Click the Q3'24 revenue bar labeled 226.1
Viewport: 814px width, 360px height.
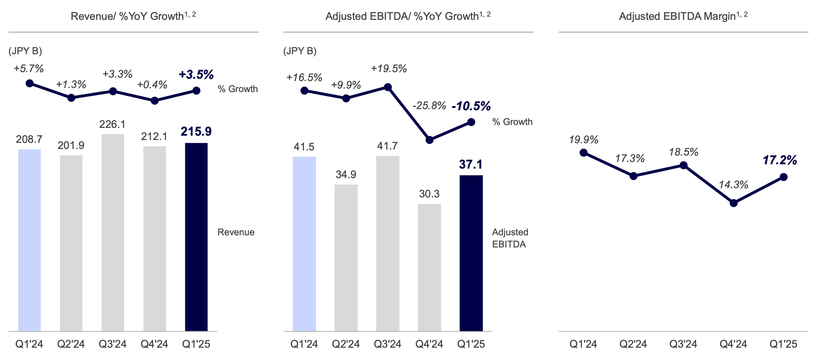[x=113, y=232]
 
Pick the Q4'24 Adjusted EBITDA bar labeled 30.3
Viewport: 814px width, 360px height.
[x=429, y=267]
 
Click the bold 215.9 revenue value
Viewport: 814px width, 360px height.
[x=196, y=132]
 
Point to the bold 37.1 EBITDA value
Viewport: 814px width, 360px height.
[x=471, y=165]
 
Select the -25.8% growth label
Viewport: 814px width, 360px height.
[x=429, y=106]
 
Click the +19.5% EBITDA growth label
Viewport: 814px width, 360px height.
[x=389, y=69]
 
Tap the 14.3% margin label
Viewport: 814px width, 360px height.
[x=733, y=185]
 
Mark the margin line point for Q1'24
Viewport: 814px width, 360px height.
[x=583, y=153]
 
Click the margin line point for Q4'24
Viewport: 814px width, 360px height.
[x=733, y=203]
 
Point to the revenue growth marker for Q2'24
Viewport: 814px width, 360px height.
[x=71, y=98]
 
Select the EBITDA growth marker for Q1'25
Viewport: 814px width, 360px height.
[x=471, y=122]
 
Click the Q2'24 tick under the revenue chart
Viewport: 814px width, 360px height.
[x=71, y=345]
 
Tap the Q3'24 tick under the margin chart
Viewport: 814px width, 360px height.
[x=683, y=345]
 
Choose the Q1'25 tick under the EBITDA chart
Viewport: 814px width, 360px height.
[x=471, y=345]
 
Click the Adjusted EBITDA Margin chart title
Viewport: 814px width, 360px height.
[x=683, y=16]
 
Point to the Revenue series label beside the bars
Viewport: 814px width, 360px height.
[x=236, y=232]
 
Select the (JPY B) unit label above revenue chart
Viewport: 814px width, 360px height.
[x=25, y=51]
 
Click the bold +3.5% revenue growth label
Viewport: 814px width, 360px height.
[x=196, y=75]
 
